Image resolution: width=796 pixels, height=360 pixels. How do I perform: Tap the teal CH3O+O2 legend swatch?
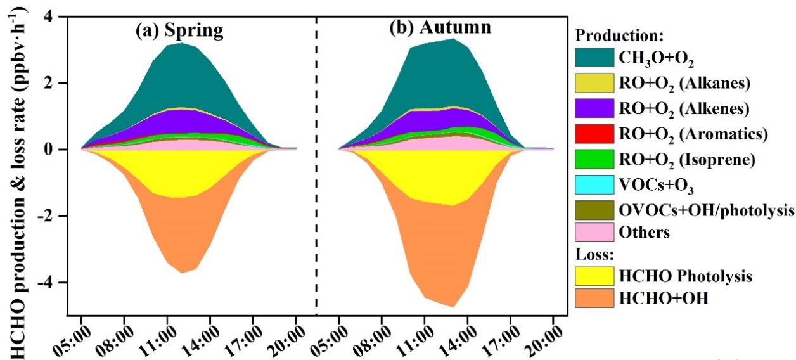tap(594, 58)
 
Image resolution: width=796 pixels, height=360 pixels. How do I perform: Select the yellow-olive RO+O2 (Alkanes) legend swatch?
tap(594, 83)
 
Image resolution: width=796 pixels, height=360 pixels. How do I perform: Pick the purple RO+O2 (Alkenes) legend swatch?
tap(594, 108)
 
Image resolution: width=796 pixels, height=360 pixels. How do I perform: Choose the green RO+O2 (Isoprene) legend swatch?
tap(594, 158)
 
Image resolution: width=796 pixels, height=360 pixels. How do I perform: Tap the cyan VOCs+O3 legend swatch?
tap(594, 183)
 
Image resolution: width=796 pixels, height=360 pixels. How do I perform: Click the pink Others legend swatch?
tap(594, 233)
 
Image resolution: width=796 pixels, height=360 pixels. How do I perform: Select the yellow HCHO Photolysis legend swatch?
tap(594, 276)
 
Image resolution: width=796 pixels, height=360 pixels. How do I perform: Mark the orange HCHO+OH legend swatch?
tap(594, 299)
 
